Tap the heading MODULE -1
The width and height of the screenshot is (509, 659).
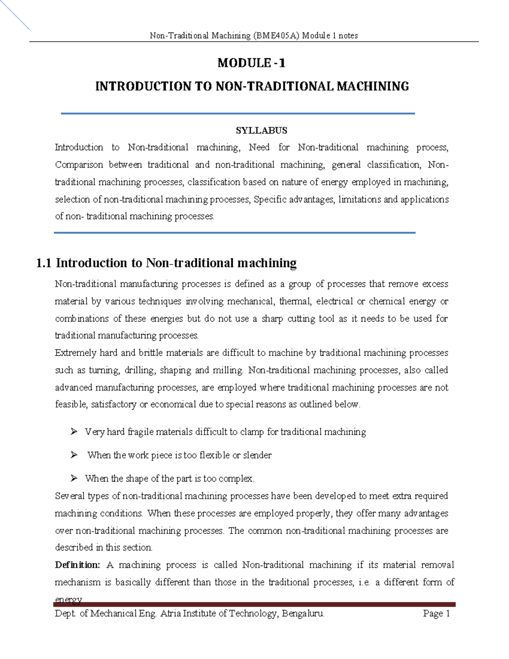tap(252, 63)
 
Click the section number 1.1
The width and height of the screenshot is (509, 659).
tap(44, 263)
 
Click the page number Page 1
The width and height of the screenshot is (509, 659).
tap(436, 614)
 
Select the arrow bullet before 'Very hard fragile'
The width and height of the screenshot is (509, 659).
tap(74, 432)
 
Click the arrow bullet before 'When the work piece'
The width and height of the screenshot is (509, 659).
tap(74, 455)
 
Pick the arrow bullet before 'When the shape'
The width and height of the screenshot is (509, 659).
tap(74, 479)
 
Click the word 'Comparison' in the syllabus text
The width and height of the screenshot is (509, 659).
tap(79, 165)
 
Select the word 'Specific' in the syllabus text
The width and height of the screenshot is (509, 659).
tap(269, 199)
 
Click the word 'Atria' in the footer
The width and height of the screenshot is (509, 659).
tap(171, 614)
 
